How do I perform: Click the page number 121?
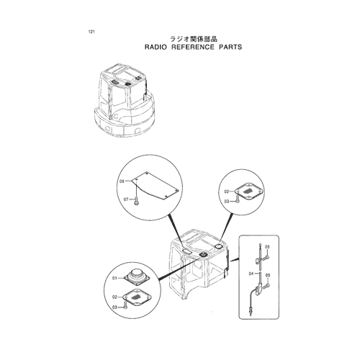pos(91,32)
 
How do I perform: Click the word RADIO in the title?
pos(156,47)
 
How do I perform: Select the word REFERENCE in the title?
pos(193,47)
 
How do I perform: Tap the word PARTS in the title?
pos(230,47)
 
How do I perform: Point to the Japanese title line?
pos(194,39)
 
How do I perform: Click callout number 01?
pos(114,278)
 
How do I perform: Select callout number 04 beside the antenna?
pos(251,274)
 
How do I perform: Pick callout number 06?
pos(122,181)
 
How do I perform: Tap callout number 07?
pos(126,199)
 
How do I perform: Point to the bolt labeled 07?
pos(137,201)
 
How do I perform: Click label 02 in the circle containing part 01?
pos(114,297)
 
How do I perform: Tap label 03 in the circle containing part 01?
pos(114,307)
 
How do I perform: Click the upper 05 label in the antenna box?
pos(267,247)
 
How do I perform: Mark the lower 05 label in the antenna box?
pos(268,275)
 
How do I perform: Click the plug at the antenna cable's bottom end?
pos(251,311)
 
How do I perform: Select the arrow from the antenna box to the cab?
pos(234,260)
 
